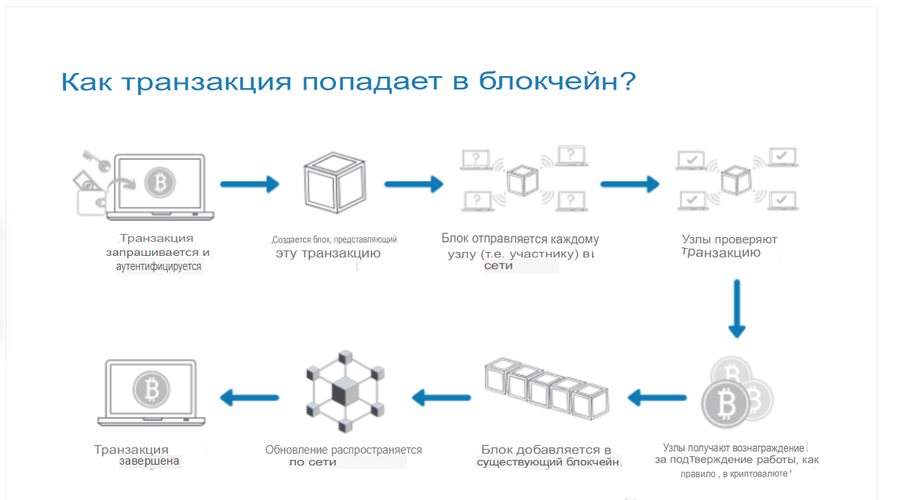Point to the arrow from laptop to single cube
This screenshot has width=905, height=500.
[250, 184]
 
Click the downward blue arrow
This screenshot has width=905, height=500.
[735, 309]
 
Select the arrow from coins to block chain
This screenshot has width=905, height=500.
[656, 398]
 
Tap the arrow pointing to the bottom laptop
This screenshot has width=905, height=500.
[249, 398]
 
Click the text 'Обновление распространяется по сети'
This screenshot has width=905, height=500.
[343, 456]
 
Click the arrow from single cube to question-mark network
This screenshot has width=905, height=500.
[414, 184]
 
